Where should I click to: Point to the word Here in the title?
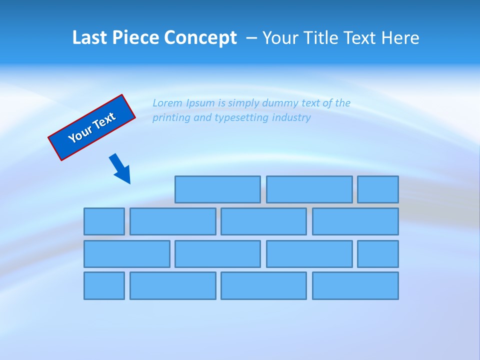coord(400,38)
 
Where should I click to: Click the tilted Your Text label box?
coord(91,127)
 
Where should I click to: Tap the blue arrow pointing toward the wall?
coord(120,168)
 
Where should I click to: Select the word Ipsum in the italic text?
coord(200,103)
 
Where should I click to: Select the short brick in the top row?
coord(378,189)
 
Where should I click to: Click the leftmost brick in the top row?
coord(217,189)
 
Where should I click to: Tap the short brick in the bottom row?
coord(104,286)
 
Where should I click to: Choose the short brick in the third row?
coord(378,254)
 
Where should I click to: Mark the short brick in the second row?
coord(104,221)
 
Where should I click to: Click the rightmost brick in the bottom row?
coord(355,286)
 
